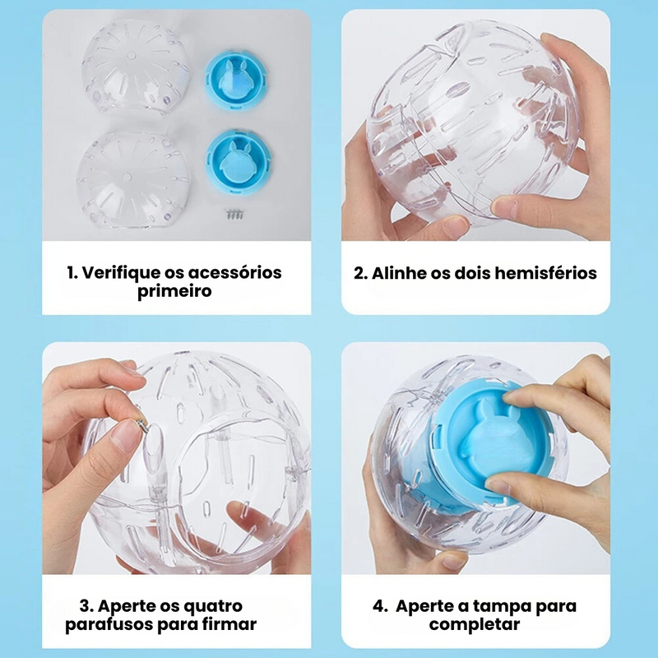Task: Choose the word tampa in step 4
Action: click(503, 605)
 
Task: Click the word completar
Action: click(475, 625)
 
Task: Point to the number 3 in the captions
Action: click(85, 605)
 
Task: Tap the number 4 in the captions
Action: click(378, 605)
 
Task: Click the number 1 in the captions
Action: click(71, 272)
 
